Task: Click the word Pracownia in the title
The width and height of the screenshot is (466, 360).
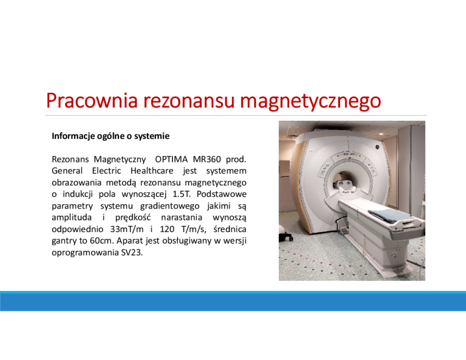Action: [x=92, y=100]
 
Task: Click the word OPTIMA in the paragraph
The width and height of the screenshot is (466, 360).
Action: [x=171, y=159]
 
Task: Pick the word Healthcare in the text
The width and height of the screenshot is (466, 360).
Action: [x=152, y=171]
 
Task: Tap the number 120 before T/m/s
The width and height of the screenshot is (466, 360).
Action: [x=167, y=229]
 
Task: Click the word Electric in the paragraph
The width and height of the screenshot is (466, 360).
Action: [x=106, y=171]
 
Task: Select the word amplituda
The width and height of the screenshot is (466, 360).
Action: [x=71, y=218]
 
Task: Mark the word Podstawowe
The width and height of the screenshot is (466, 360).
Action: [x=222, y=194]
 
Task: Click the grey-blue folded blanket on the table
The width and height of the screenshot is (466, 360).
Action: [x=387, y=215]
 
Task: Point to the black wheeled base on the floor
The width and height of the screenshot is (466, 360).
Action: [x=285, y=237]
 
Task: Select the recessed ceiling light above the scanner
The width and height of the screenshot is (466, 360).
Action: [x=381, y=134]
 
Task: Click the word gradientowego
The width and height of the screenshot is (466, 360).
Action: [x=170, y=206]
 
